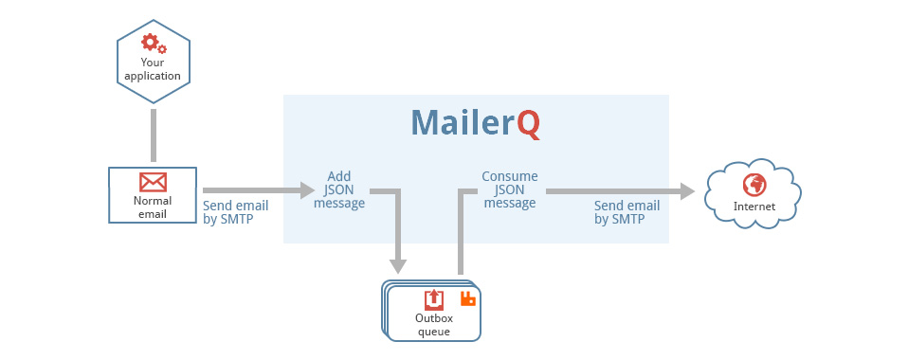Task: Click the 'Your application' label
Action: (153, 69)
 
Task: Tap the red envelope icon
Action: (153, 182)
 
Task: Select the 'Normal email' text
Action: (153, 207)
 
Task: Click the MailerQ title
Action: (475, 123)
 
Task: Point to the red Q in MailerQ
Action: (529, 124)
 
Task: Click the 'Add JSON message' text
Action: (338, 189)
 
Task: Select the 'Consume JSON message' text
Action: (509, 189)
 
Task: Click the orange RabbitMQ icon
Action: (467, 298)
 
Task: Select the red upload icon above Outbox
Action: (433, 299)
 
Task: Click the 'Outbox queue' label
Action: (433, 325)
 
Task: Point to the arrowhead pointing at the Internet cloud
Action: (686, 190)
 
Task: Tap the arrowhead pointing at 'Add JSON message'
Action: (305, 190)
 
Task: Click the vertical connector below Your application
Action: (153, 135)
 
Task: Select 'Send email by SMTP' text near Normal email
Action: (235, 212)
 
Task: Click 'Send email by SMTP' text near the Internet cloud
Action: (627, 212)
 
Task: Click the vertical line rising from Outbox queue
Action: (461, 237)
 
